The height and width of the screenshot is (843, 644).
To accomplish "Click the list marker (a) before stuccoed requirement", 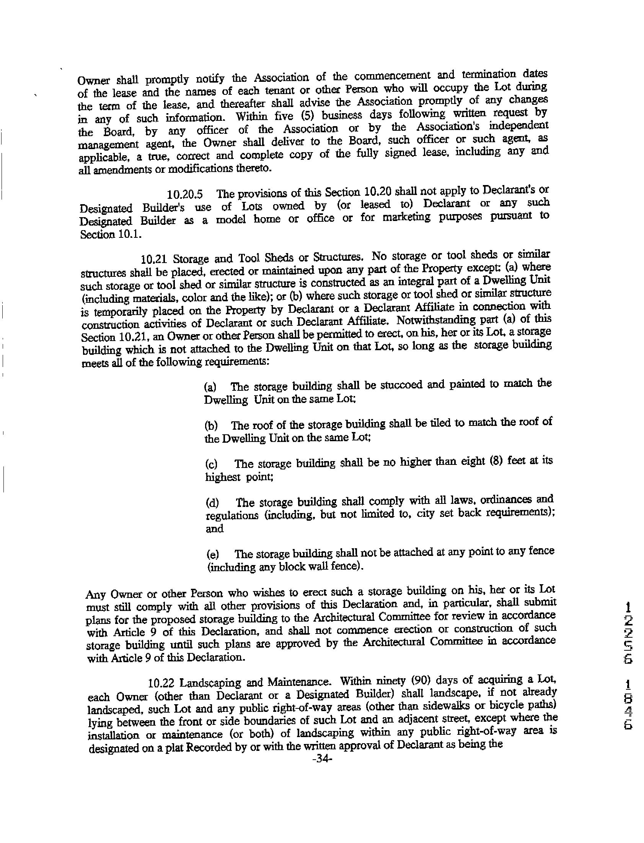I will click(x=210, y=387).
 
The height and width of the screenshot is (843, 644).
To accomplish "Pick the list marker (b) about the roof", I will click(x=211, y=426).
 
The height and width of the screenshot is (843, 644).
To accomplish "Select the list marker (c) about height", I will click(x=211, y=464).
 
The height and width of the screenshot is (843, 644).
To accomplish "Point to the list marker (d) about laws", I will click(x=212, y=502).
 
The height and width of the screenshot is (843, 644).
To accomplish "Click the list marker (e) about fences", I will click(x=213, y=554).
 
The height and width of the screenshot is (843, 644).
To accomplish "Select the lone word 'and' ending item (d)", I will click(x=215, y=529).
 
